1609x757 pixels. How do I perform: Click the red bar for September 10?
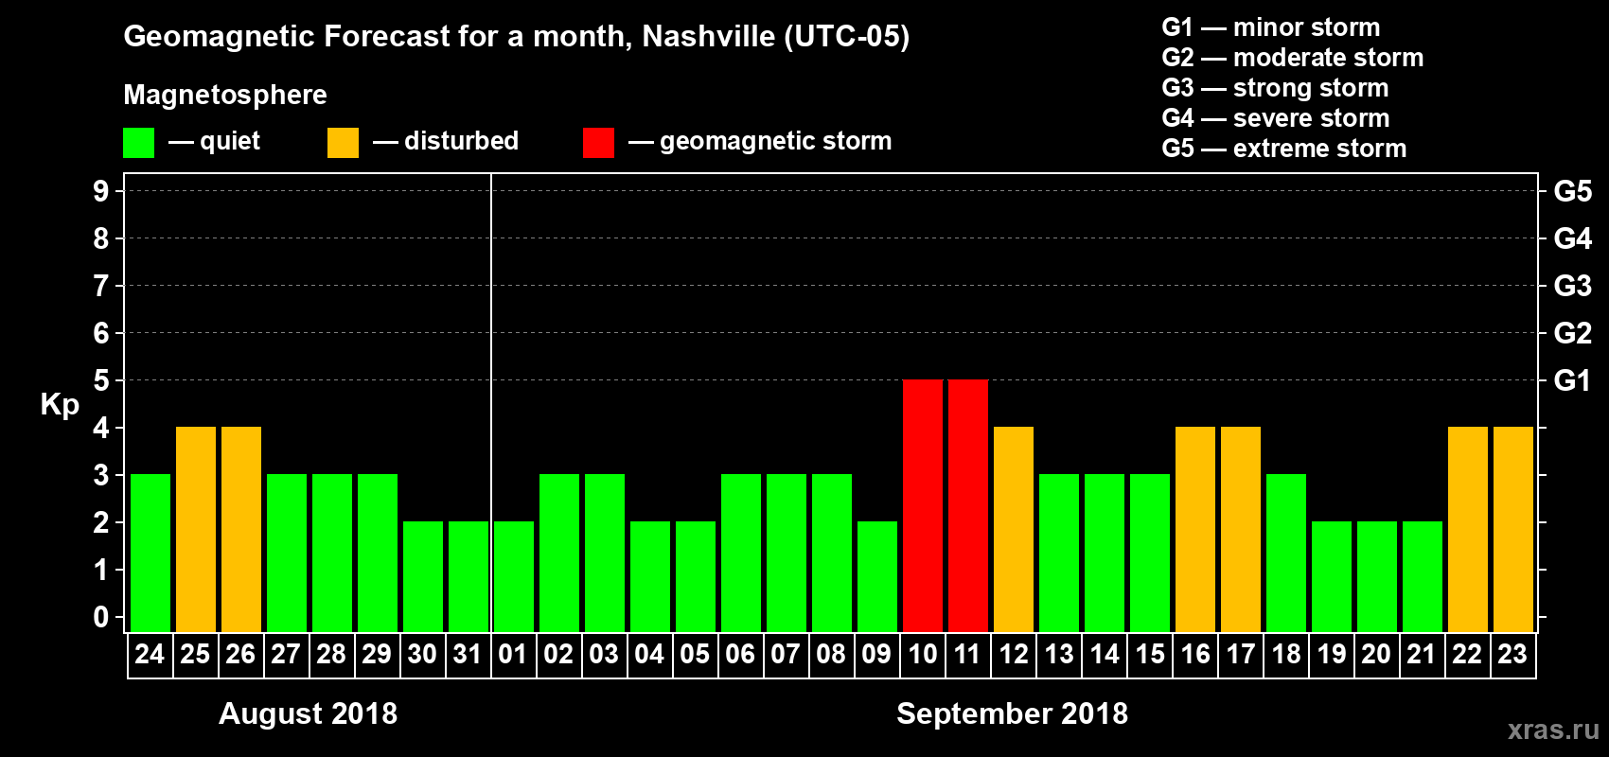pos(923,505)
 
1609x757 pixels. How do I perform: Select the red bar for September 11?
pos(968,505)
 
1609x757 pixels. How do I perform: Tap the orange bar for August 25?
pos(196,529)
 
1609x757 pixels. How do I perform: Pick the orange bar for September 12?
pos(1014,529)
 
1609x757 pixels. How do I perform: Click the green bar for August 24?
pos(150,553)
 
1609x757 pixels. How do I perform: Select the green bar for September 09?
pos(877,576)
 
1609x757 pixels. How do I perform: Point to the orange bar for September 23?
pos(1513,529)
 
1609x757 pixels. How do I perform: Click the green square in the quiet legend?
pos(139,143)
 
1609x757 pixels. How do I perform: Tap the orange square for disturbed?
pos(343,143)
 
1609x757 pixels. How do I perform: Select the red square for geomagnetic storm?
pos(598,143)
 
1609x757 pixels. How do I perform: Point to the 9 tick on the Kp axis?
pos(101,191)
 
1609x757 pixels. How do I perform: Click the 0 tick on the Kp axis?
pos(101,618)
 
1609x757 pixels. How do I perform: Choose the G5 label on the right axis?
pos(1572,191)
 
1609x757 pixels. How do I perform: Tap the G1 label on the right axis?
pos(1572,380)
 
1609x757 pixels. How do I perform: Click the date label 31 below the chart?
pos(468,655)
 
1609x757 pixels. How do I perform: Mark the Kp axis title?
pos(60,404)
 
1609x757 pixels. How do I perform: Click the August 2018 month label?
pos(308,713)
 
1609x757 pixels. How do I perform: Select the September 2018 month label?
pos(1012,713)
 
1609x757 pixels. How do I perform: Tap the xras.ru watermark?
pos(1553,730)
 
